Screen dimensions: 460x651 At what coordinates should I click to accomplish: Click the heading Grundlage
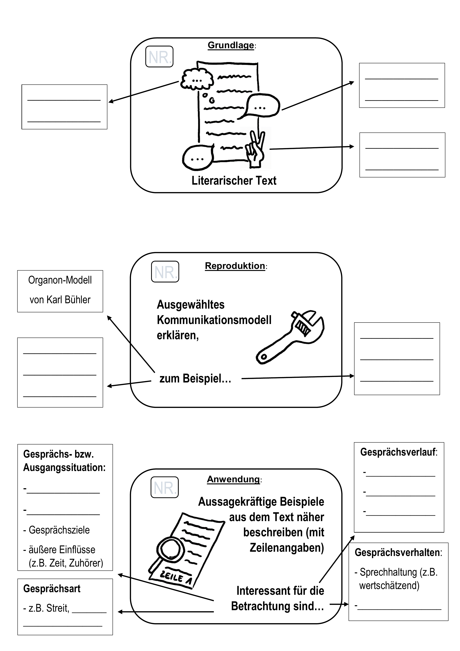coord(231,45)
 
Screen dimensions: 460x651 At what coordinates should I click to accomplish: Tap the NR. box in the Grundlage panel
coord(159,57)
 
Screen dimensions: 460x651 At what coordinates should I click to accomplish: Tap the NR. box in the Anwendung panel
coord(165,487)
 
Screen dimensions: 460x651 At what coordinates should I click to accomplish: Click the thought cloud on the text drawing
coord(197,79)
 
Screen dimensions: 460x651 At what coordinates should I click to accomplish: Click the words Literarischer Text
coord(234,181)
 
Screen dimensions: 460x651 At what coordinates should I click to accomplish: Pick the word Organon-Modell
coord(60,280)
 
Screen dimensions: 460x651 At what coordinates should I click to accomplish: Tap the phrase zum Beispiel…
coord(195,379)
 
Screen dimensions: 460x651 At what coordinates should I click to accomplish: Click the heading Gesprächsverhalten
coord(397,552)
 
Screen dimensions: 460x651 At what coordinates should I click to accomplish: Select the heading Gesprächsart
coord(52,589)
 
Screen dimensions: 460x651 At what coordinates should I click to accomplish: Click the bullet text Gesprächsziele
coord(59,530)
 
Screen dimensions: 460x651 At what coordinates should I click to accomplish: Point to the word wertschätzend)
coord(389,585)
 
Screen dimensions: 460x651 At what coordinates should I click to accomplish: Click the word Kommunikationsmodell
coord(214,320)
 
